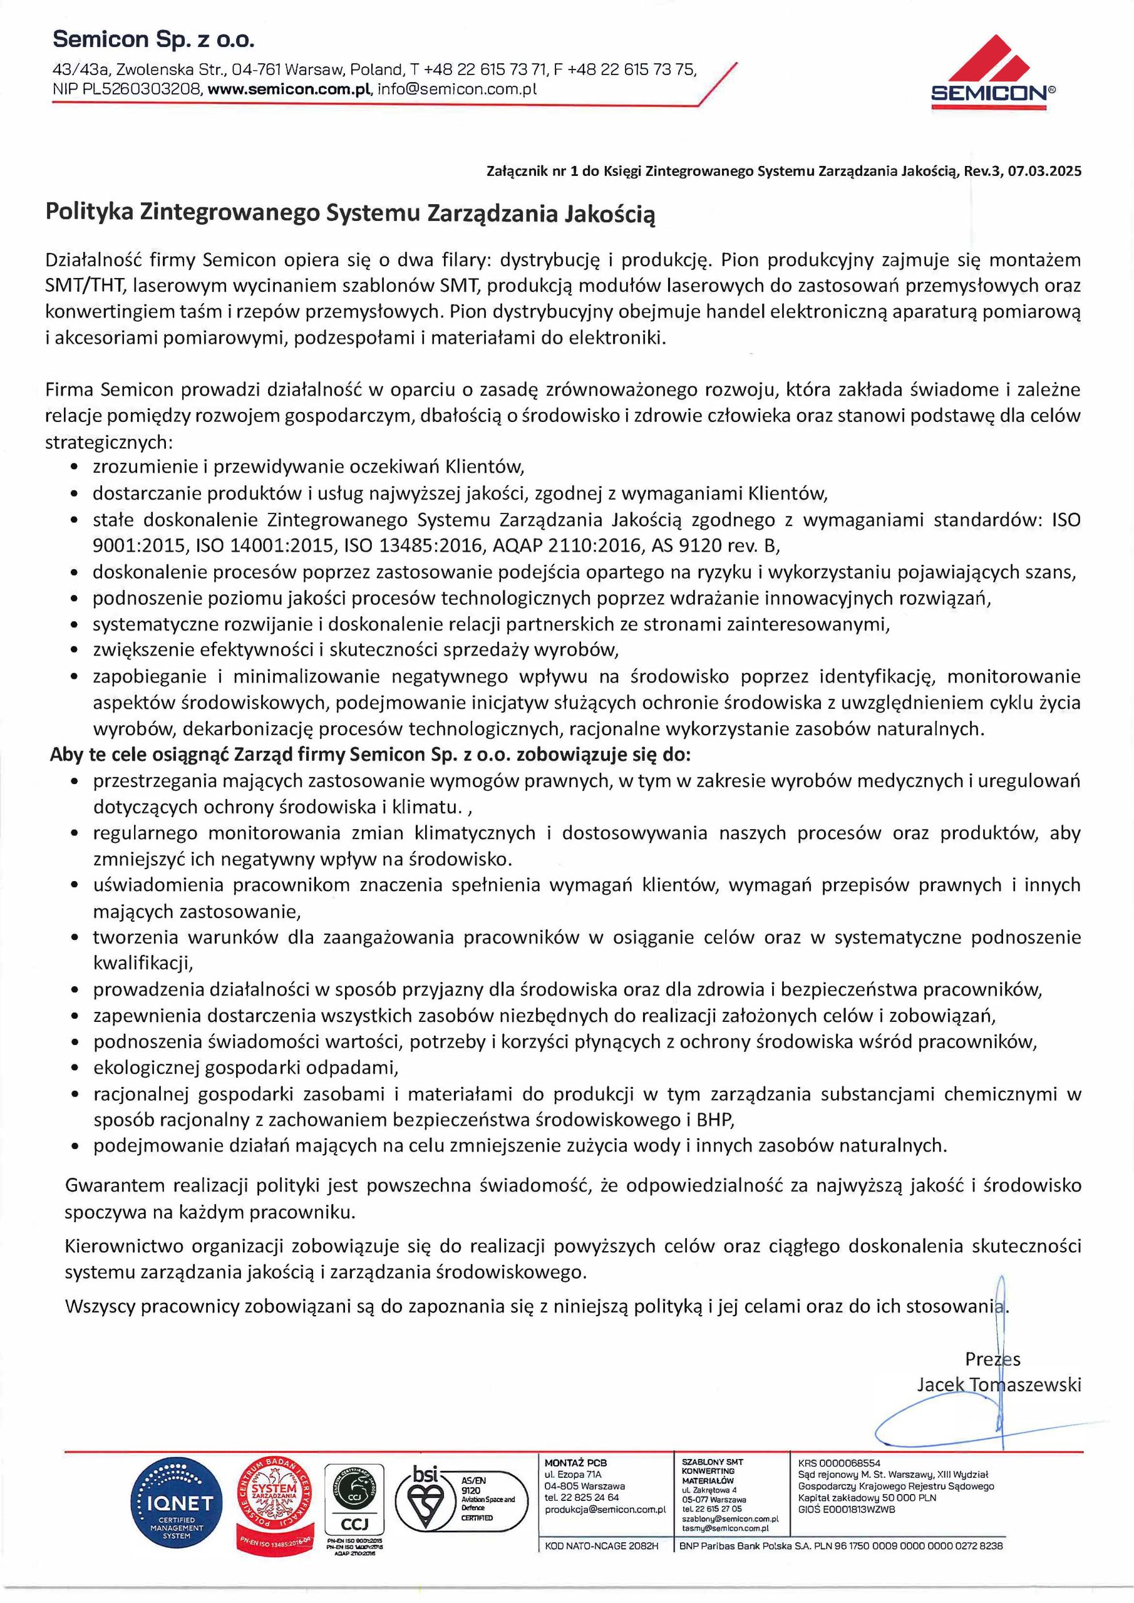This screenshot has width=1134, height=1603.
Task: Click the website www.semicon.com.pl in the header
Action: pos(292,90)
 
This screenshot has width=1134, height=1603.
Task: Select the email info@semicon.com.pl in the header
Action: pos(457,90)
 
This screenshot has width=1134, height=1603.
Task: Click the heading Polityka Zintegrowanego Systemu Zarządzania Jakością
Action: pos(351,213)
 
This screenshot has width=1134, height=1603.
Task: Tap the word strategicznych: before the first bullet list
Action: pos(108,442)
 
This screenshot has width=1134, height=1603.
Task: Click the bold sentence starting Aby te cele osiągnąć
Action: pos(370,755)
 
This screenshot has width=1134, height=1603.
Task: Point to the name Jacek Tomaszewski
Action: pos(999,1384)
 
